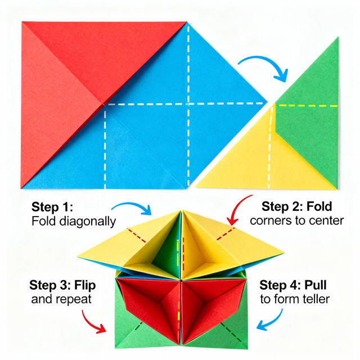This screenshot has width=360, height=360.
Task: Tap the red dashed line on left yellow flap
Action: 138,236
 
